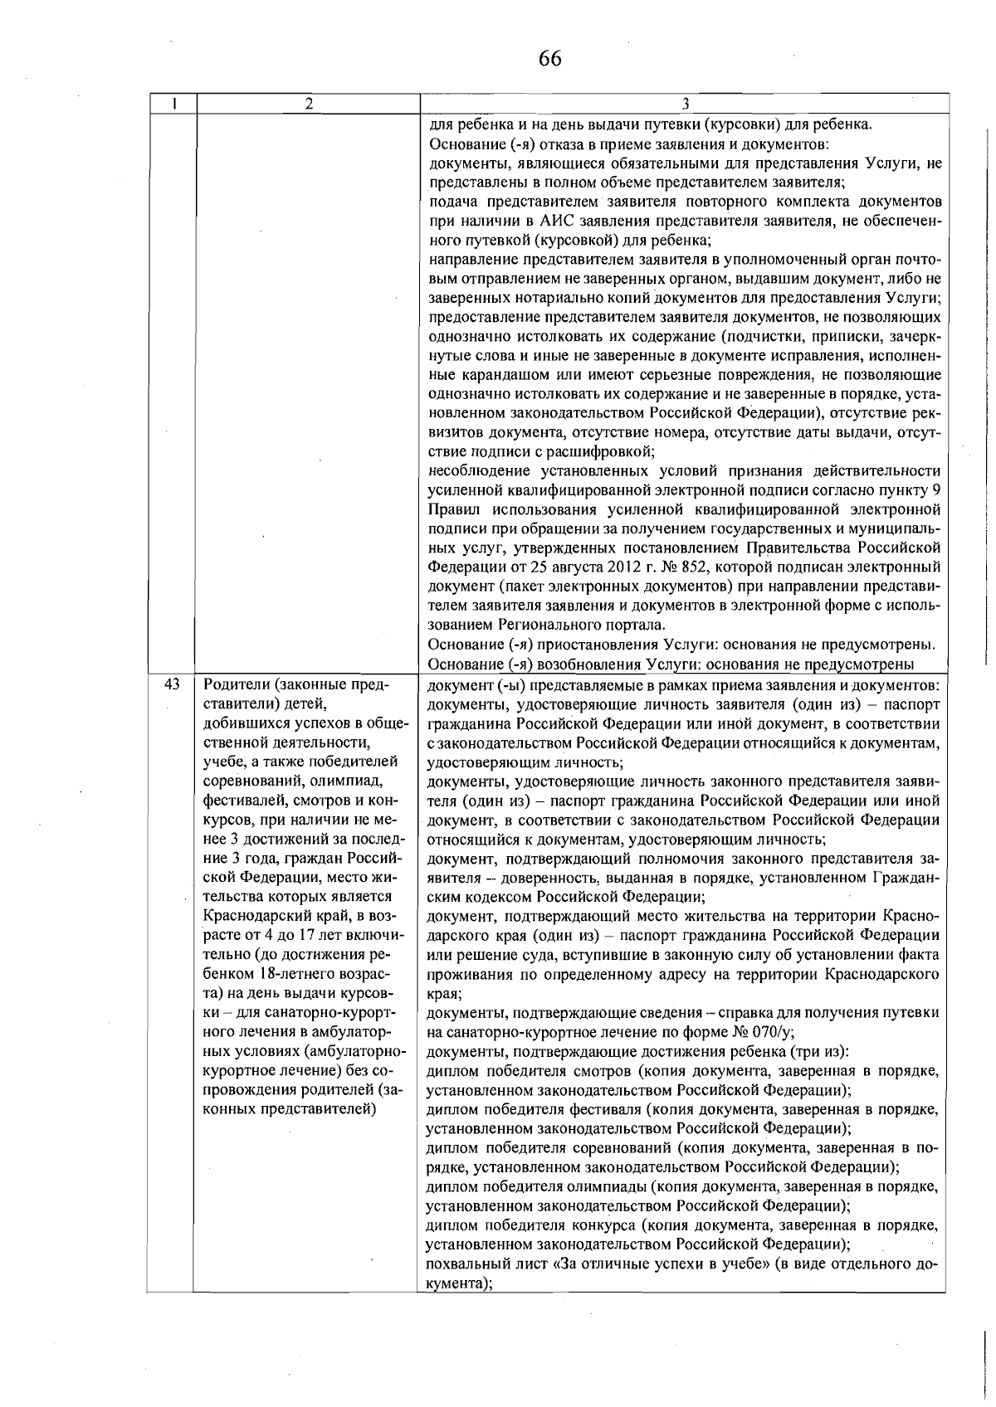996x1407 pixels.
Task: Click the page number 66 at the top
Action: (549, 59)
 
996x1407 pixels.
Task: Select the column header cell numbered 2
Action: (308, 104)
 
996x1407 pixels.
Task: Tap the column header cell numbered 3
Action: (685, 104)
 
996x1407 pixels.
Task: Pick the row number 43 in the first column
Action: (172, 684)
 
